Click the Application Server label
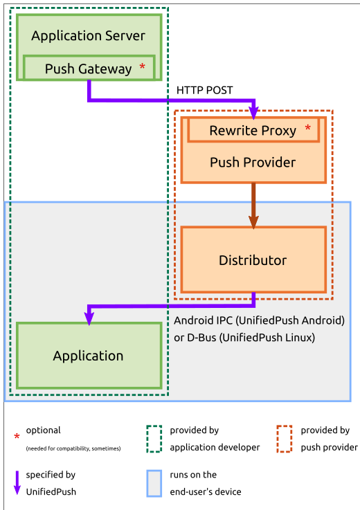(88, 36)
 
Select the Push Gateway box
(89, 69)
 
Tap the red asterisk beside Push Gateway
(143, 67)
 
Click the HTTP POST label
(205, 90)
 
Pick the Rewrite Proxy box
(253, 130)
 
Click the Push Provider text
(253, 163)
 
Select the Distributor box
(253, 260)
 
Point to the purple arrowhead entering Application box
(89, 317)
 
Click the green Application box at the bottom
(89, 356)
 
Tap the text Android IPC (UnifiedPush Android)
(259, 320)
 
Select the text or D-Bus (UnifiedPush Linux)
(244, 338)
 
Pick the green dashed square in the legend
(154, 439)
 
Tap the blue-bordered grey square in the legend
(154, 484)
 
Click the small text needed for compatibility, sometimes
(73, 448)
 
